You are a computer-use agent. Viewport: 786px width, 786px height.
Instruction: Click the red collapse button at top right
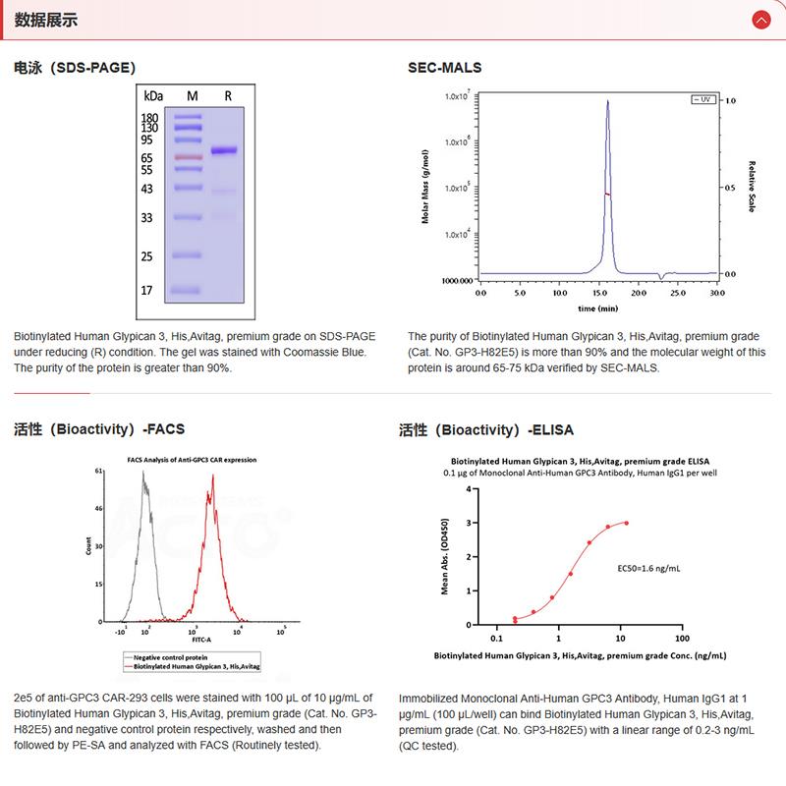pyautogui.click(x=759, y=20)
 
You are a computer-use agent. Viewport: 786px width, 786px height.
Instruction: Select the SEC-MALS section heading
pyautogui.click(x=445, y=68)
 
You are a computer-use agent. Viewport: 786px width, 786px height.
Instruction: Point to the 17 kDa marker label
pyautogui.click(x=148, y=291)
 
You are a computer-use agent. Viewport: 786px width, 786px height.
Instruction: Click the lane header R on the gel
pyautogui.click(x=227, y=96)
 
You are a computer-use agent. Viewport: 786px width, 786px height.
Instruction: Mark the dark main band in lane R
pyautogui.click(x=225, y=150)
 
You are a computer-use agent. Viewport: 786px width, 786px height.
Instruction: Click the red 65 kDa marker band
pyautogui.click(x=187, y=157)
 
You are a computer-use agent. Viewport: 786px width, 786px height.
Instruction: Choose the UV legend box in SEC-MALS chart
pyautogui.click(x=702, y=100)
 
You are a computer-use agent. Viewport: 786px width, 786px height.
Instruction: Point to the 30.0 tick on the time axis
pyautogui.click(x=716, y=293)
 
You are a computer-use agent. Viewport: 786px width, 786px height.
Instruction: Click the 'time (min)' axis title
pyautogui.click(x=597, y=308)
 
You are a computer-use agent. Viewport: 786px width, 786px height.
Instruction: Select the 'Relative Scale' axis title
pyautogui.click(x=751, y=187)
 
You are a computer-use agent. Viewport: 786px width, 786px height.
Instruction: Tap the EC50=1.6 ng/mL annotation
pyautogui.click(x=648, y=568)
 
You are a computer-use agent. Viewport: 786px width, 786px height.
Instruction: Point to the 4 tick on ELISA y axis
pyautogui.click(x=469, y=488)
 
